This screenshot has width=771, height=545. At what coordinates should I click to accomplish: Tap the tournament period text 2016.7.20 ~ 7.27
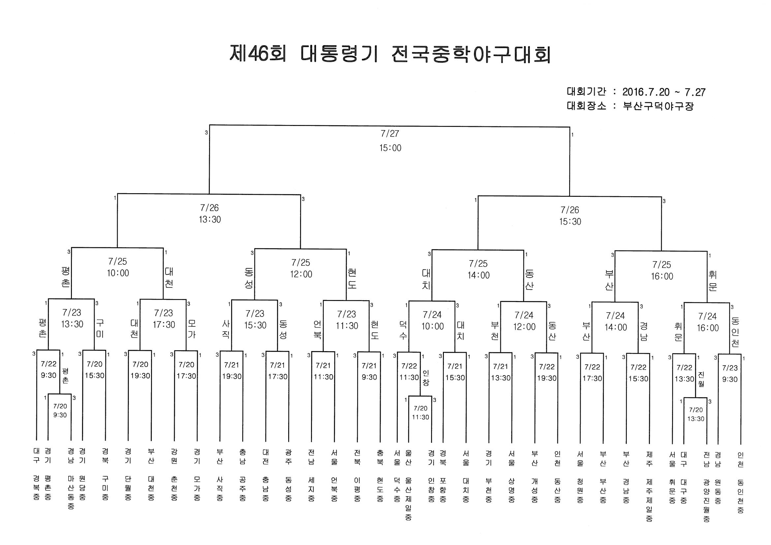tap(663, 92)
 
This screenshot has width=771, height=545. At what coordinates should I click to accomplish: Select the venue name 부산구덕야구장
tap(658, 106)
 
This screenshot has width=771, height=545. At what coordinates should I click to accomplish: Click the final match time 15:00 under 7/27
tap(390, 148)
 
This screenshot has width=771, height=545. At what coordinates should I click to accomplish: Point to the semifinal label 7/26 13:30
tap(210, 214)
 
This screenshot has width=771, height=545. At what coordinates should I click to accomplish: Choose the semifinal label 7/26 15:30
tap(570, 216)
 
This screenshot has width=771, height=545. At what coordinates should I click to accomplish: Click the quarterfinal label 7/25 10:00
tap(118, 267)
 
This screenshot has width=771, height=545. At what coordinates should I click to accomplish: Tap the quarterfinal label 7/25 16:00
tap(662, 271)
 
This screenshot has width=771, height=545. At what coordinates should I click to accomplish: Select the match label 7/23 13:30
tap(72, 318)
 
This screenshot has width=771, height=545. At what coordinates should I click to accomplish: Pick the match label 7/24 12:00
tap(524, 321)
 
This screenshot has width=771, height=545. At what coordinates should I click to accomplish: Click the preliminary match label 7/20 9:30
tap(60, 411)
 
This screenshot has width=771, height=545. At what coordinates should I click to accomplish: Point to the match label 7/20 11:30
tap(420, 413)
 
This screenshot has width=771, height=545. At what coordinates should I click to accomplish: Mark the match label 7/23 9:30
tap(730, 374)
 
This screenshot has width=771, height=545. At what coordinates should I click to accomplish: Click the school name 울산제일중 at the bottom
tap(409, 499)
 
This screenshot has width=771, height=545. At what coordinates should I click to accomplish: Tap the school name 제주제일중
tap(649, 500)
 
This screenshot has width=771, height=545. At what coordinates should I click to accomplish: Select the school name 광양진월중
tap(706, 500)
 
